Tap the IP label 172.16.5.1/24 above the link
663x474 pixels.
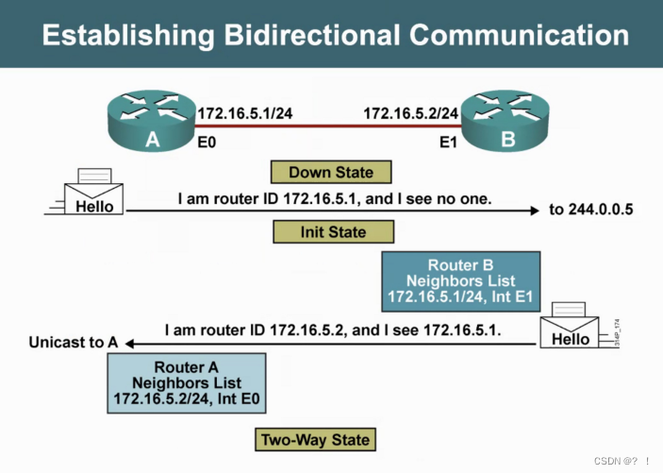pos(245,113)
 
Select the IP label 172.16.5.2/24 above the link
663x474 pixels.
pos(411,113)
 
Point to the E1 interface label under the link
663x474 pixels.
pos(450,146)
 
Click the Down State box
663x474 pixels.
pos(330,172)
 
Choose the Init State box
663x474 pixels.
pos(333,231)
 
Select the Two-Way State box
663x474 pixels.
pos(315,439)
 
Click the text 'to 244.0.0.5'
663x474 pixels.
pos(591,209)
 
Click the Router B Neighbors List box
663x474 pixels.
pos(460,281)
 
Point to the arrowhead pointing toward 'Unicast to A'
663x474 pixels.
pos(132,344)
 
